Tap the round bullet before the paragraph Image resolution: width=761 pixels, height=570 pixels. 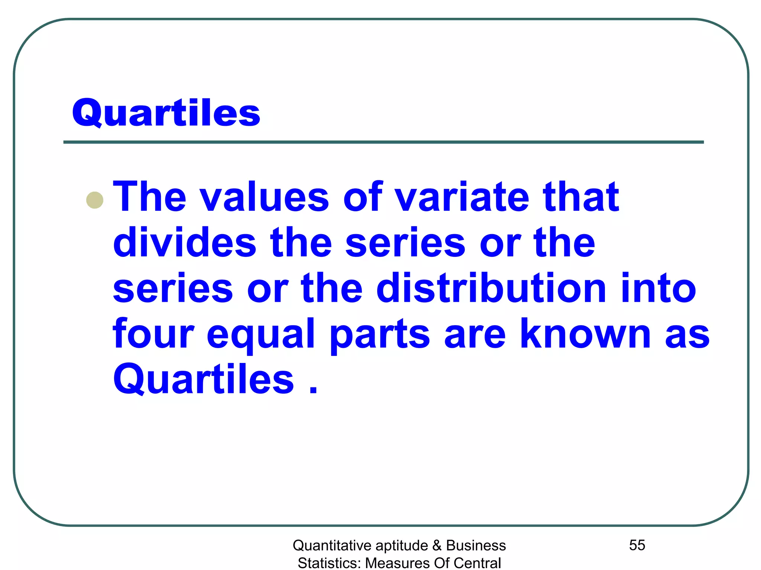(95, 200)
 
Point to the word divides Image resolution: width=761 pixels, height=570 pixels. (185, 243)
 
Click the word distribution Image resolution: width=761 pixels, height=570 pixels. (491, 288)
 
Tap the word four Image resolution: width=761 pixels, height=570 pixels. (153, 334)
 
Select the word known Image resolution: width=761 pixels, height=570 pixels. (585, 334)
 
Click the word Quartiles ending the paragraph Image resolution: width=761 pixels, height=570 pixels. (204, 379)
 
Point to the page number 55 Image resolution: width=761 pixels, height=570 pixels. (637, 545)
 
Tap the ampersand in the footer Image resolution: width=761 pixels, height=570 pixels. (437, 546)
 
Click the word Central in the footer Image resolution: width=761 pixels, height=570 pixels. (477, 563)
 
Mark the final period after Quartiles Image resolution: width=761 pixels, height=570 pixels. (313, 390)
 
